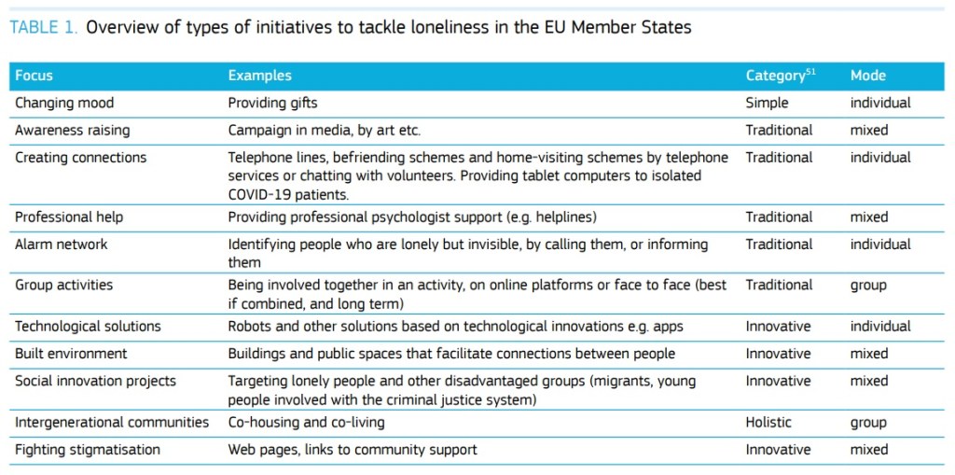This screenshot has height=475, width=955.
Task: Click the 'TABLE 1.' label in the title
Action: (43, 27)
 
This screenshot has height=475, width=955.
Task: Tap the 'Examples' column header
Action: (259, 76)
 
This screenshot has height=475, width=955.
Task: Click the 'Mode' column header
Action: (867, 76)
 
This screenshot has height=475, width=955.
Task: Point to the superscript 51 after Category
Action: (810, 72)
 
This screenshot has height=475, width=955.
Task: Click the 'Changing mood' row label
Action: (64, 103)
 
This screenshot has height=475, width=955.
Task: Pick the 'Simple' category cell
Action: (767, 103)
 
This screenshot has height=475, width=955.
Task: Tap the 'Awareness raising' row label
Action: (72, 130)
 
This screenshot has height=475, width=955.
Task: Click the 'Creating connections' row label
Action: (80, 158)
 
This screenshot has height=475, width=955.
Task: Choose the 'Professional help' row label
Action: (69, 217)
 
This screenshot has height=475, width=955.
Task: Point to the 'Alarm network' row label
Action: (61, 244)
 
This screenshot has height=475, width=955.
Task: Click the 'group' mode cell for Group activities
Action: (868, 286)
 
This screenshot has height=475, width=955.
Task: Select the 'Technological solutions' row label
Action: (88, 327)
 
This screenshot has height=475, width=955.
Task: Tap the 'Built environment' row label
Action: (71, 354)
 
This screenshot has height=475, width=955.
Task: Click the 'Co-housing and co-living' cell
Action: (306, 423)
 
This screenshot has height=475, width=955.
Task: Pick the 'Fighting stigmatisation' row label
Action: (88, 450)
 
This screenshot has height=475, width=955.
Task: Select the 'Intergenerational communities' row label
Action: (112, 423)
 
